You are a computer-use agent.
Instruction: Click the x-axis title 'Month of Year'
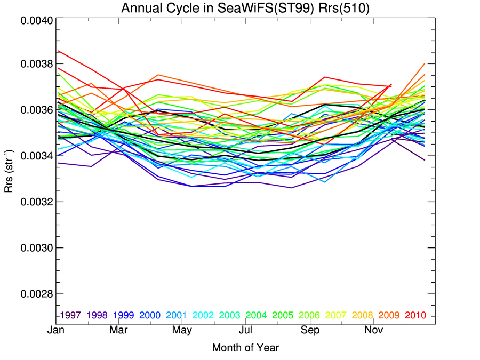click(x=245, y=348)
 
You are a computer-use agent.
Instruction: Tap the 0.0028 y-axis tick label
click(x=36, y=294)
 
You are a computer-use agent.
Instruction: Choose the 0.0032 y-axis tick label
click(x=36, y=202)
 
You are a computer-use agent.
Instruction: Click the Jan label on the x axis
click(x=57, y=331)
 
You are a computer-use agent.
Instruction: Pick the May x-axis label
click(x=182, y=331)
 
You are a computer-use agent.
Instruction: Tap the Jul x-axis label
click(x=245, y=331)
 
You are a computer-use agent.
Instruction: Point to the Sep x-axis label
click(x=310, y=331)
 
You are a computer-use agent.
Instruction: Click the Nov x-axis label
click(x=373, y=331)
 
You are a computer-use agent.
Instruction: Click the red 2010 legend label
click(x=416, y=315)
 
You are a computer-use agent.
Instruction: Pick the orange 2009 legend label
click(x=389, y=315)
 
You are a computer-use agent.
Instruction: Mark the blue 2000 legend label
click(x=150, y=315)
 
